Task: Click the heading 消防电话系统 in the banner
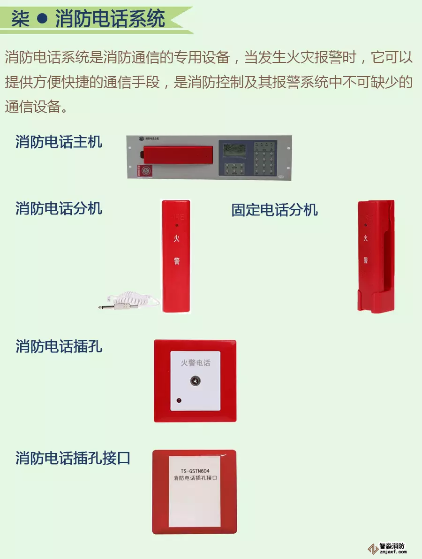[110, 19]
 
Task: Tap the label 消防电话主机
[59, 141]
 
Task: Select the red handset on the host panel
[178, 154]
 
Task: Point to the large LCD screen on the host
[234, 151]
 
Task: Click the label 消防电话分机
[59, 208]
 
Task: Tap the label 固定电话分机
[274, 210]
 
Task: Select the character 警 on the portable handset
[176, 261]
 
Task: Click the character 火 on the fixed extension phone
[365, 238]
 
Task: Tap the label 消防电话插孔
[59, 346]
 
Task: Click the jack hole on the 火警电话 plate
[195, 381]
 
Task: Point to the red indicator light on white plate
[179, 401]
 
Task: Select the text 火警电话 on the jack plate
[195, 363]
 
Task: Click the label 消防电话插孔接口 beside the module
[73, 458]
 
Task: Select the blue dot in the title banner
[42, 19]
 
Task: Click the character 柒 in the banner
[21, 19]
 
